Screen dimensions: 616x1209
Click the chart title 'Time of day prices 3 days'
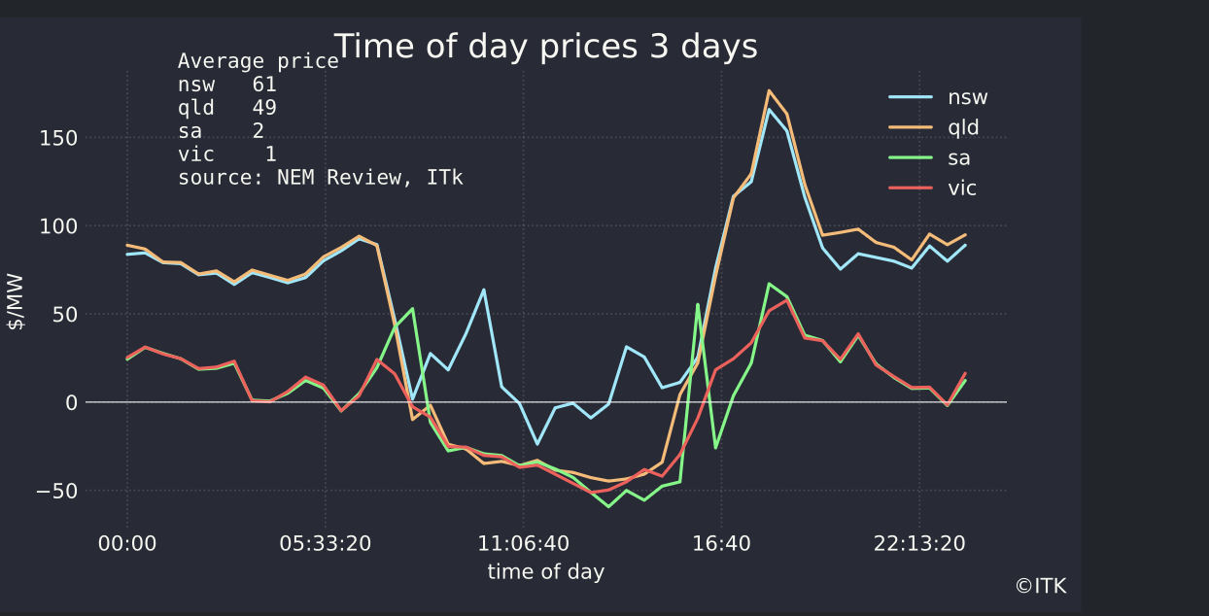tap(545, 46)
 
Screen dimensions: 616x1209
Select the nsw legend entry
tap(967, 97)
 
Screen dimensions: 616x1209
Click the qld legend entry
tap(963, 127)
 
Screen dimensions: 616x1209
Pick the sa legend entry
tap(958, 157)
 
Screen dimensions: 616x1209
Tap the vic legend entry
tap(961, 188)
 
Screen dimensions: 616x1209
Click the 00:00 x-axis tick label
tap(127, 543)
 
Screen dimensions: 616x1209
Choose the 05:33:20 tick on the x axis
tap(326, 543)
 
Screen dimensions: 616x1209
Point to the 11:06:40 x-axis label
tap(524, 543)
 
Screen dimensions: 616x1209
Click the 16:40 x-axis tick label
tap(721, 543)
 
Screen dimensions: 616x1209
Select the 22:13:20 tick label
tap(919, 543)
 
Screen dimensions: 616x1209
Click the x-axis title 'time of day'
tap(545, 571)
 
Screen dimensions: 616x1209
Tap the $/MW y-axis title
tap(17, 307)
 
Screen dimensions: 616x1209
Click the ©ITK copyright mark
tap(1041, 586)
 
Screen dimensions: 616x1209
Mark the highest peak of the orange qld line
tap(769, 90)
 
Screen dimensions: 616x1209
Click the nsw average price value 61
tap(263, 85)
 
